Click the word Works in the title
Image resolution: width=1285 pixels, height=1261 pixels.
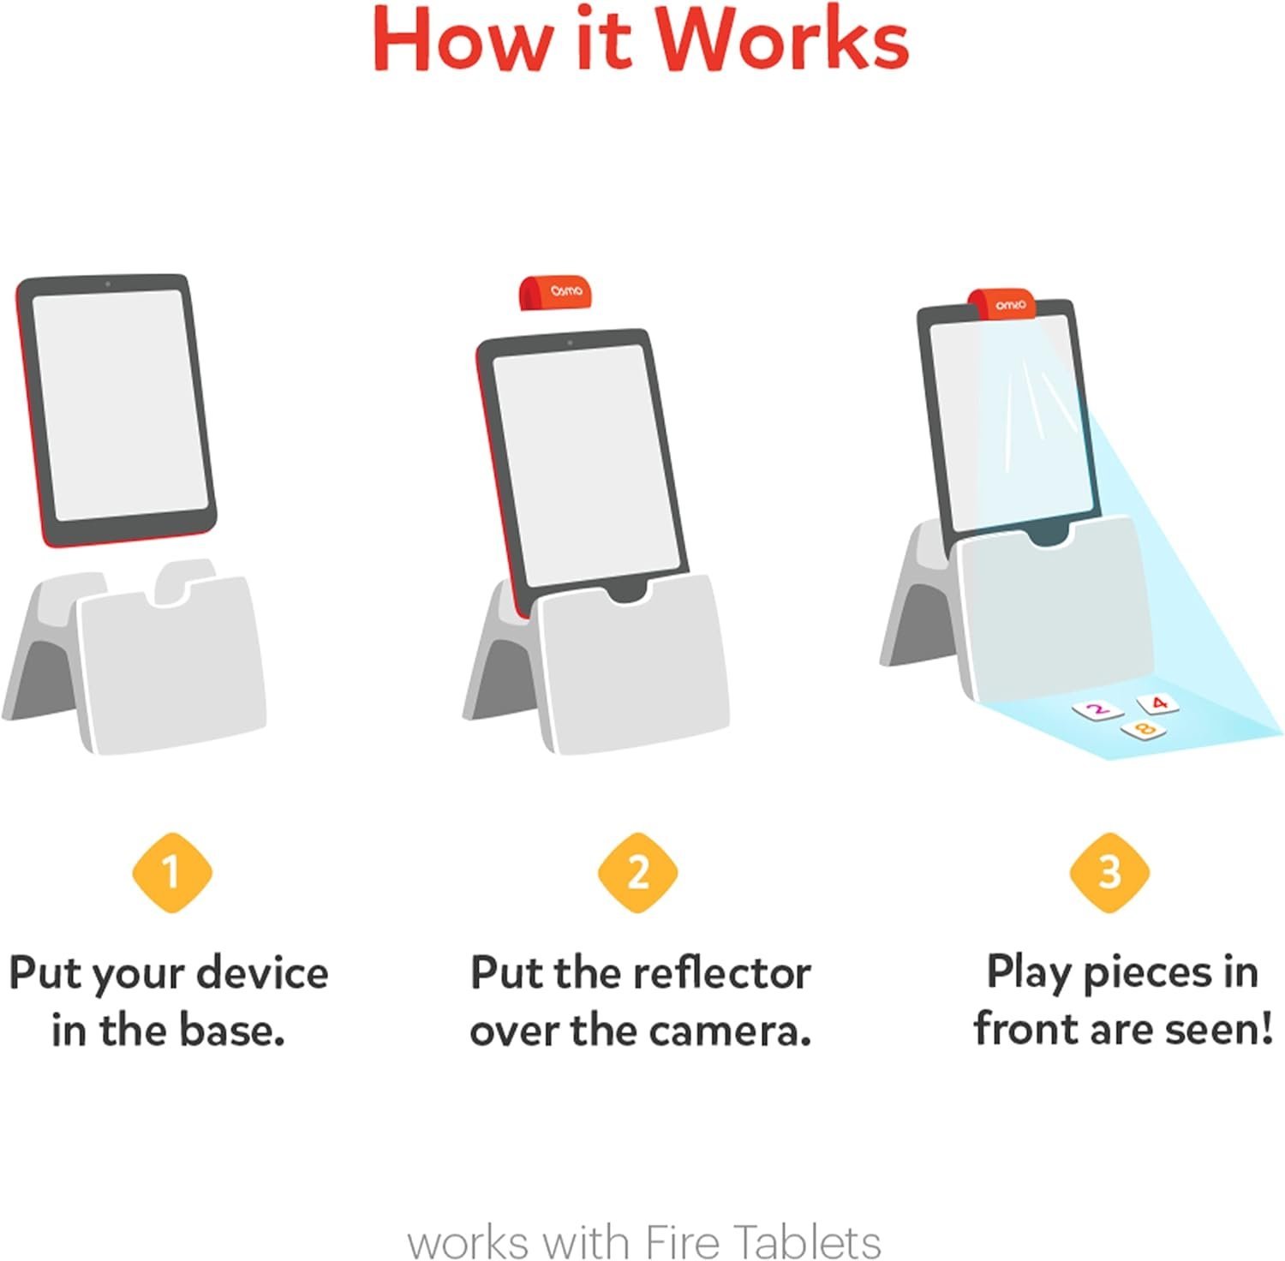[x=781, y=41]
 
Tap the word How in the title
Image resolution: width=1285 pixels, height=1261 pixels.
[x=463, y=41]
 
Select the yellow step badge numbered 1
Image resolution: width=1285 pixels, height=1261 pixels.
[x=171, y=872]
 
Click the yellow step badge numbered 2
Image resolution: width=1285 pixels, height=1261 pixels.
[x=638, y=872]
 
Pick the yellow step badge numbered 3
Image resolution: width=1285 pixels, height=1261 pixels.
[x=1109, y=872]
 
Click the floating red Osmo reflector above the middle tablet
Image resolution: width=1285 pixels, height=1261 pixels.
[x=555, y=292]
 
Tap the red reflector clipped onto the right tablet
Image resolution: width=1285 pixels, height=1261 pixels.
[x=1002, y=304]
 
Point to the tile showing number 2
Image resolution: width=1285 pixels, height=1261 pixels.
[x=1097, y=709]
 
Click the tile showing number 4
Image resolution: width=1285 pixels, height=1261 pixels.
[x=1158, y=704]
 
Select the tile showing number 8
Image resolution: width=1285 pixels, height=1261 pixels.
[x=1144, y=730]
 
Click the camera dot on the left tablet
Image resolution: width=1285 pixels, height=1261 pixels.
[x=107, y=284]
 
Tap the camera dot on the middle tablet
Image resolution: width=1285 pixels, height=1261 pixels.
[x=570, y=343]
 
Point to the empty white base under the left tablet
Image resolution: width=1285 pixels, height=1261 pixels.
[x=167, y=668]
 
